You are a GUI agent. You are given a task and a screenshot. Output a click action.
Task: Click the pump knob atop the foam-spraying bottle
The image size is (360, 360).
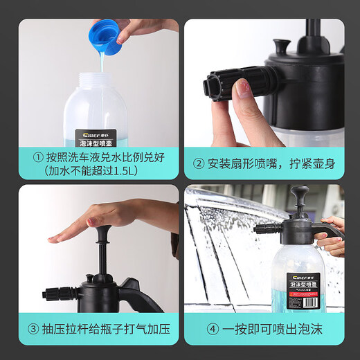click(300, 194)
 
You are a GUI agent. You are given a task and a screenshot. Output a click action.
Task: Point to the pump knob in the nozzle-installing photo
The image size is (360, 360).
click(282, 47)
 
